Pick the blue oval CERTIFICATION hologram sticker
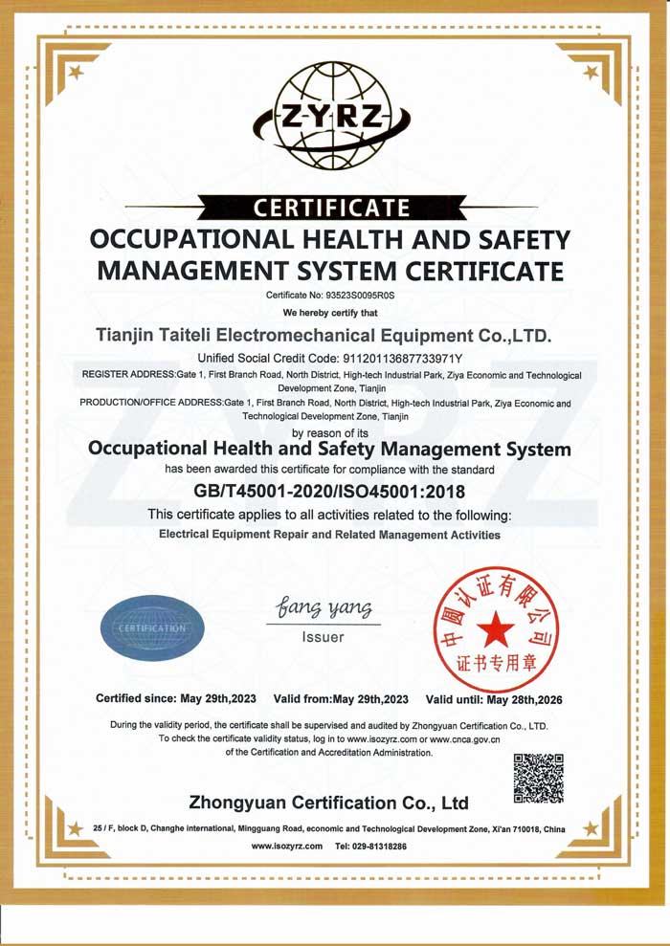pos(154,627)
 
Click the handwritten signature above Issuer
pos(322,607)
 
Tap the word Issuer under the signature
pos(323,637)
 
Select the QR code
pos(539,778)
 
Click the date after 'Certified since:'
pos(219,699)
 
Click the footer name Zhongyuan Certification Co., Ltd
pos(329,802)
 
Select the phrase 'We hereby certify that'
pos(331,313)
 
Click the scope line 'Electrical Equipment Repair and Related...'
pos(328,535)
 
